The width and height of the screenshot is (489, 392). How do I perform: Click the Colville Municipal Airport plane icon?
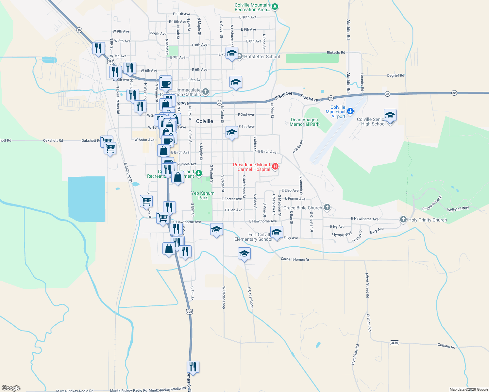click(350, 111)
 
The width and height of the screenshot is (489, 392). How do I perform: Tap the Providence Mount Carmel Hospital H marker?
click(275, 167)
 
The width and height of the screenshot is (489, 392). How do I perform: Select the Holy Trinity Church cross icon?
click(403, 220)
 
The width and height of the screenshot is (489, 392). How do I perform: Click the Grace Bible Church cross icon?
click(327, 207)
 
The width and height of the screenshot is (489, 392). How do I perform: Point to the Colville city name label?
click(205, 121)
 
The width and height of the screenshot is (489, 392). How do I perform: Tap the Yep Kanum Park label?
click(203, 195)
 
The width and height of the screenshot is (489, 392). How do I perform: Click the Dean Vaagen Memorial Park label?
click(304, 122)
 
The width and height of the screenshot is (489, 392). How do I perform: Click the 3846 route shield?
click(394, 343)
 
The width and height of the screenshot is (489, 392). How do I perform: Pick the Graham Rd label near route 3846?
click(446, 346)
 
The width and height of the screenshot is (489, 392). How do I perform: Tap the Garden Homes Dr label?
click(295, 259)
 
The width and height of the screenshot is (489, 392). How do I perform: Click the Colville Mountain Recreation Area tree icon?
click(275, 7)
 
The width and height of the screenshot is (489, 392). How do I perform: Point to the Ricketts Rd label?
click(336, 53)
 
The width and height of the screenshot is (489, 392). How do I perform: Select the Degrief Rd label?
click(396, 75)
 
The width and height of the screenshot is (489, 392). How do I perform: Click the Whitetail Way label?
click(458, 209)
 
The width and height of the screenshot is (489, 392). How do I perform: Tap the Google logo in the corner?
click(11, 388)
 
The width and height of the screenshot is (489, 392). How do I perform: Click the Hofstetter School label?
click(262, 57)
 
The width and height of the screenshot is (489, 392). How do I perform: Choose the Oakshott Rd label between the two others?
click(53, 140)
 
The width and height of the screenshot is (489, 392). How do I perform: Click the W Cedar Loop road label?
click(224, 298)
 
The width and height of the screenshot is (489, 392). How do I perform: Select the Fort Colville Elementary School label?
click(253, 237)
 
